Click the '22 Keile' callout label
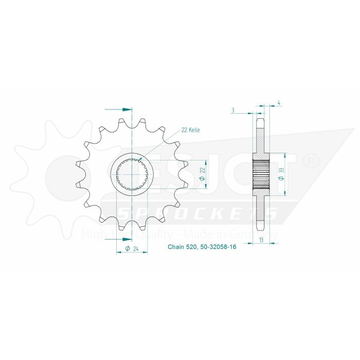[190, 130]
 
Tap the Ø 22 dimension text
[202, 174]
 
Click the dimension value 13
[263, 240]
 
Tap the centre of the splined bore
[132, 175]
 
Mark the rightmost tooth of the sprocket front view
[184, 175]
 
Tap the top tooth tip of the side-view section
[261, 119]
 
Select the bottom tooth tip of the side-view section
[261, 230]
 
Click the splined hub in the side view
[261, 175]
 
